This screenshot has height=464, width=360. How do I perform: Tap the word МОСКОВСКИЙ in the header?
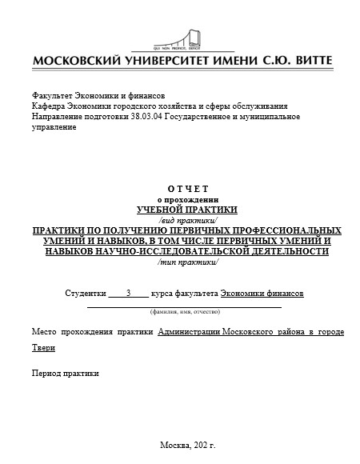78,62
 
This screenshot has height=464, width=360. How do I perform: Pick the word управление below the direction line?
54,127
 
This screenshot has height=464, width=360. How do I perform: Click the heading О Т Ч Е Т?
187,188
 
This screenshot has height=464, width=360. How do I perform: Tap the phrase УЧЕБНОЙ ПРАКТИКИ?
187,209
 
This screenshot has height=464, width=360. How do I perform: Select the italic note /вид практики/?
187,219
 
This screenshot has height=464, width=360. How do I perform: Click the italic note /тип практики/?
187,262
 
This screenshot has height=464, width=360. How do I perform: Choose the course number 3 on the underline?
128,293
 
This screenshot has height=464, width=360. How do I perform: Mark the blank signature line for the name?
184,305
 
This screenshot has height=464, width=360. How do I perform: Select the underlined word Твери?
44,347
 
